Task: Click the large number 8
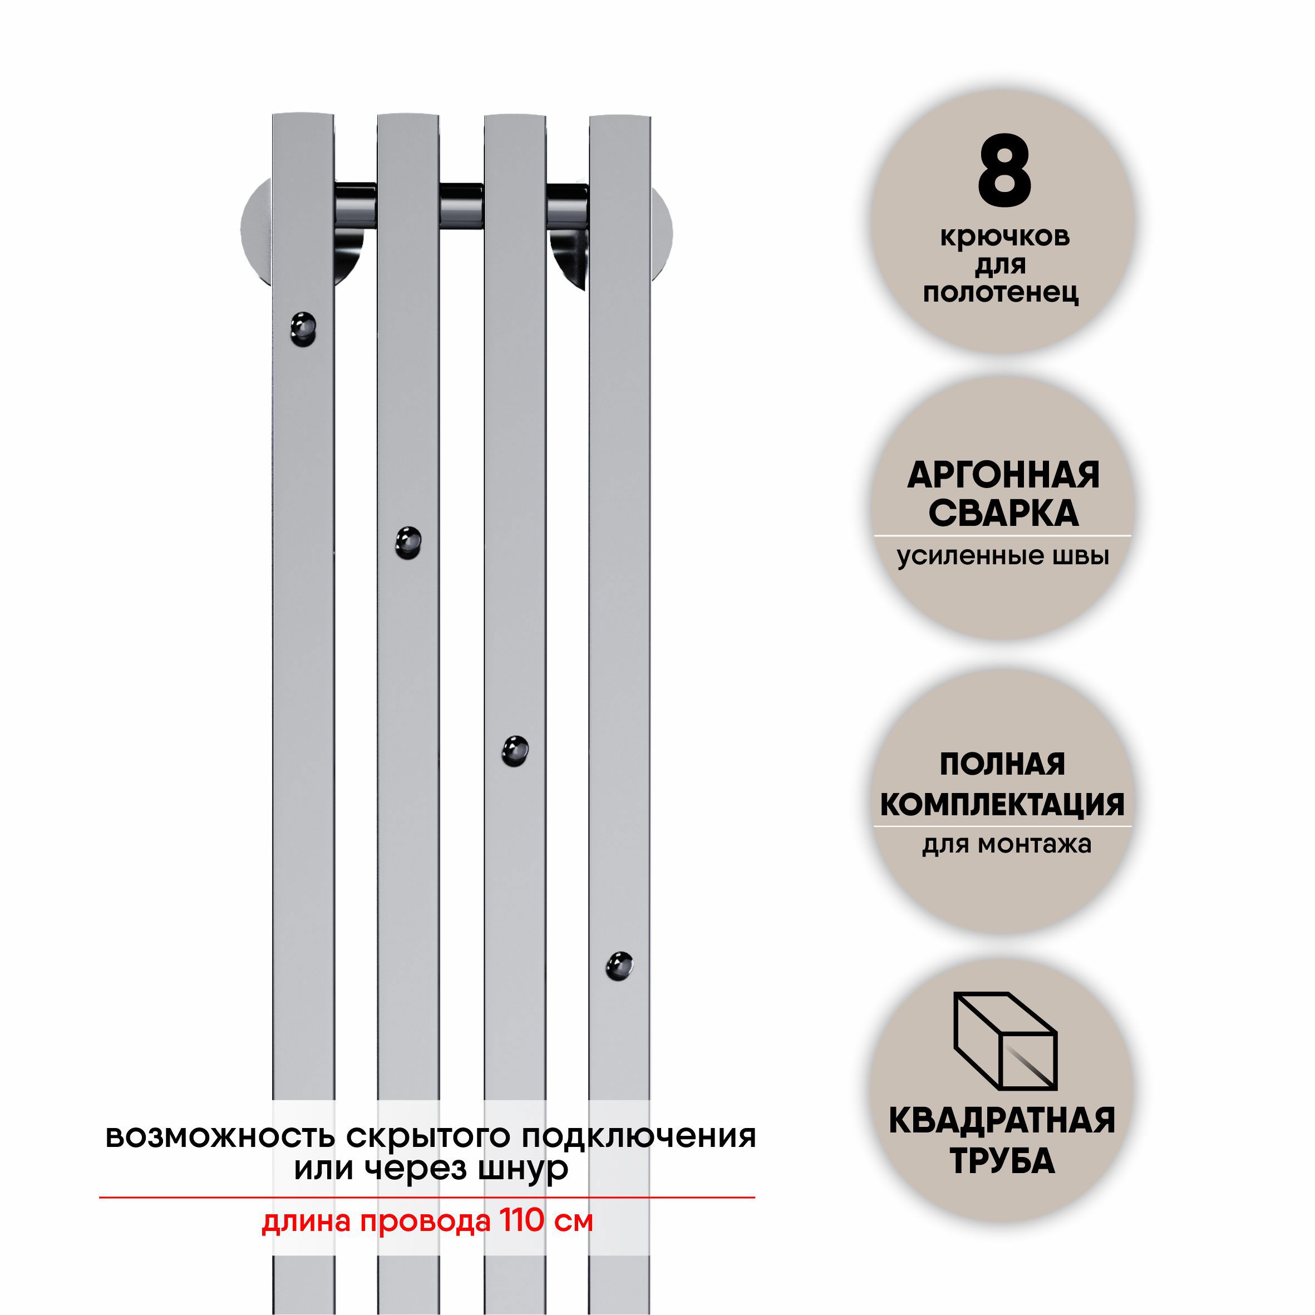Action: [x=1004, y=171]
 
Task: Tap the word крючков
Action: [x=1004, y=238]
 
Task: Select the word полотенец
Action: [x=1001, y=293]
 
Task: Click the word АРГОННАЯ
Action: [x=1003, y=475]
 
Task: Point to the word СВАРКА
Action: [x=1003, y=514]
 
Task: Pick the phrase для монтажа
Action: [x=1007, y=845]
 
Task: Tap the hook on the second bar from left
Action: [x=408, y=543]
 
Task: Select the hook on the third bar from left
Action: [x=515, y=751]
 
